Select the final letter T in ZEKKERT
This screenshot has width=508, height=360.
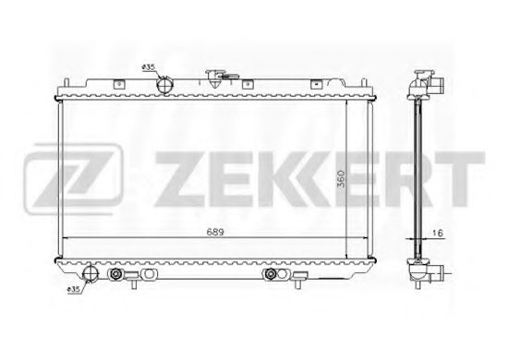462,173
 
